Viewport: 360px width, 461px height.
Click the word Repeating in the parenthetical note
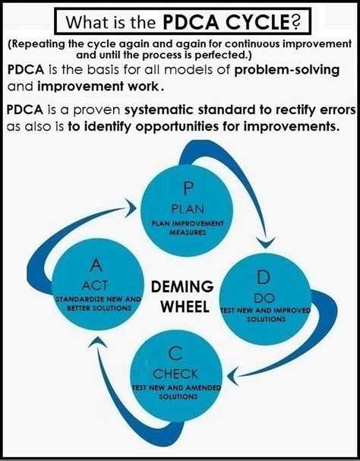[44, 45]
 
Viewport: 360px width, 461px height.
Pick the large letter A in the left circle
[96, 265]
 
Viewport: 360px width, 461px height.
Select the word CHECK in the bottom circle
[175, 374]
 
